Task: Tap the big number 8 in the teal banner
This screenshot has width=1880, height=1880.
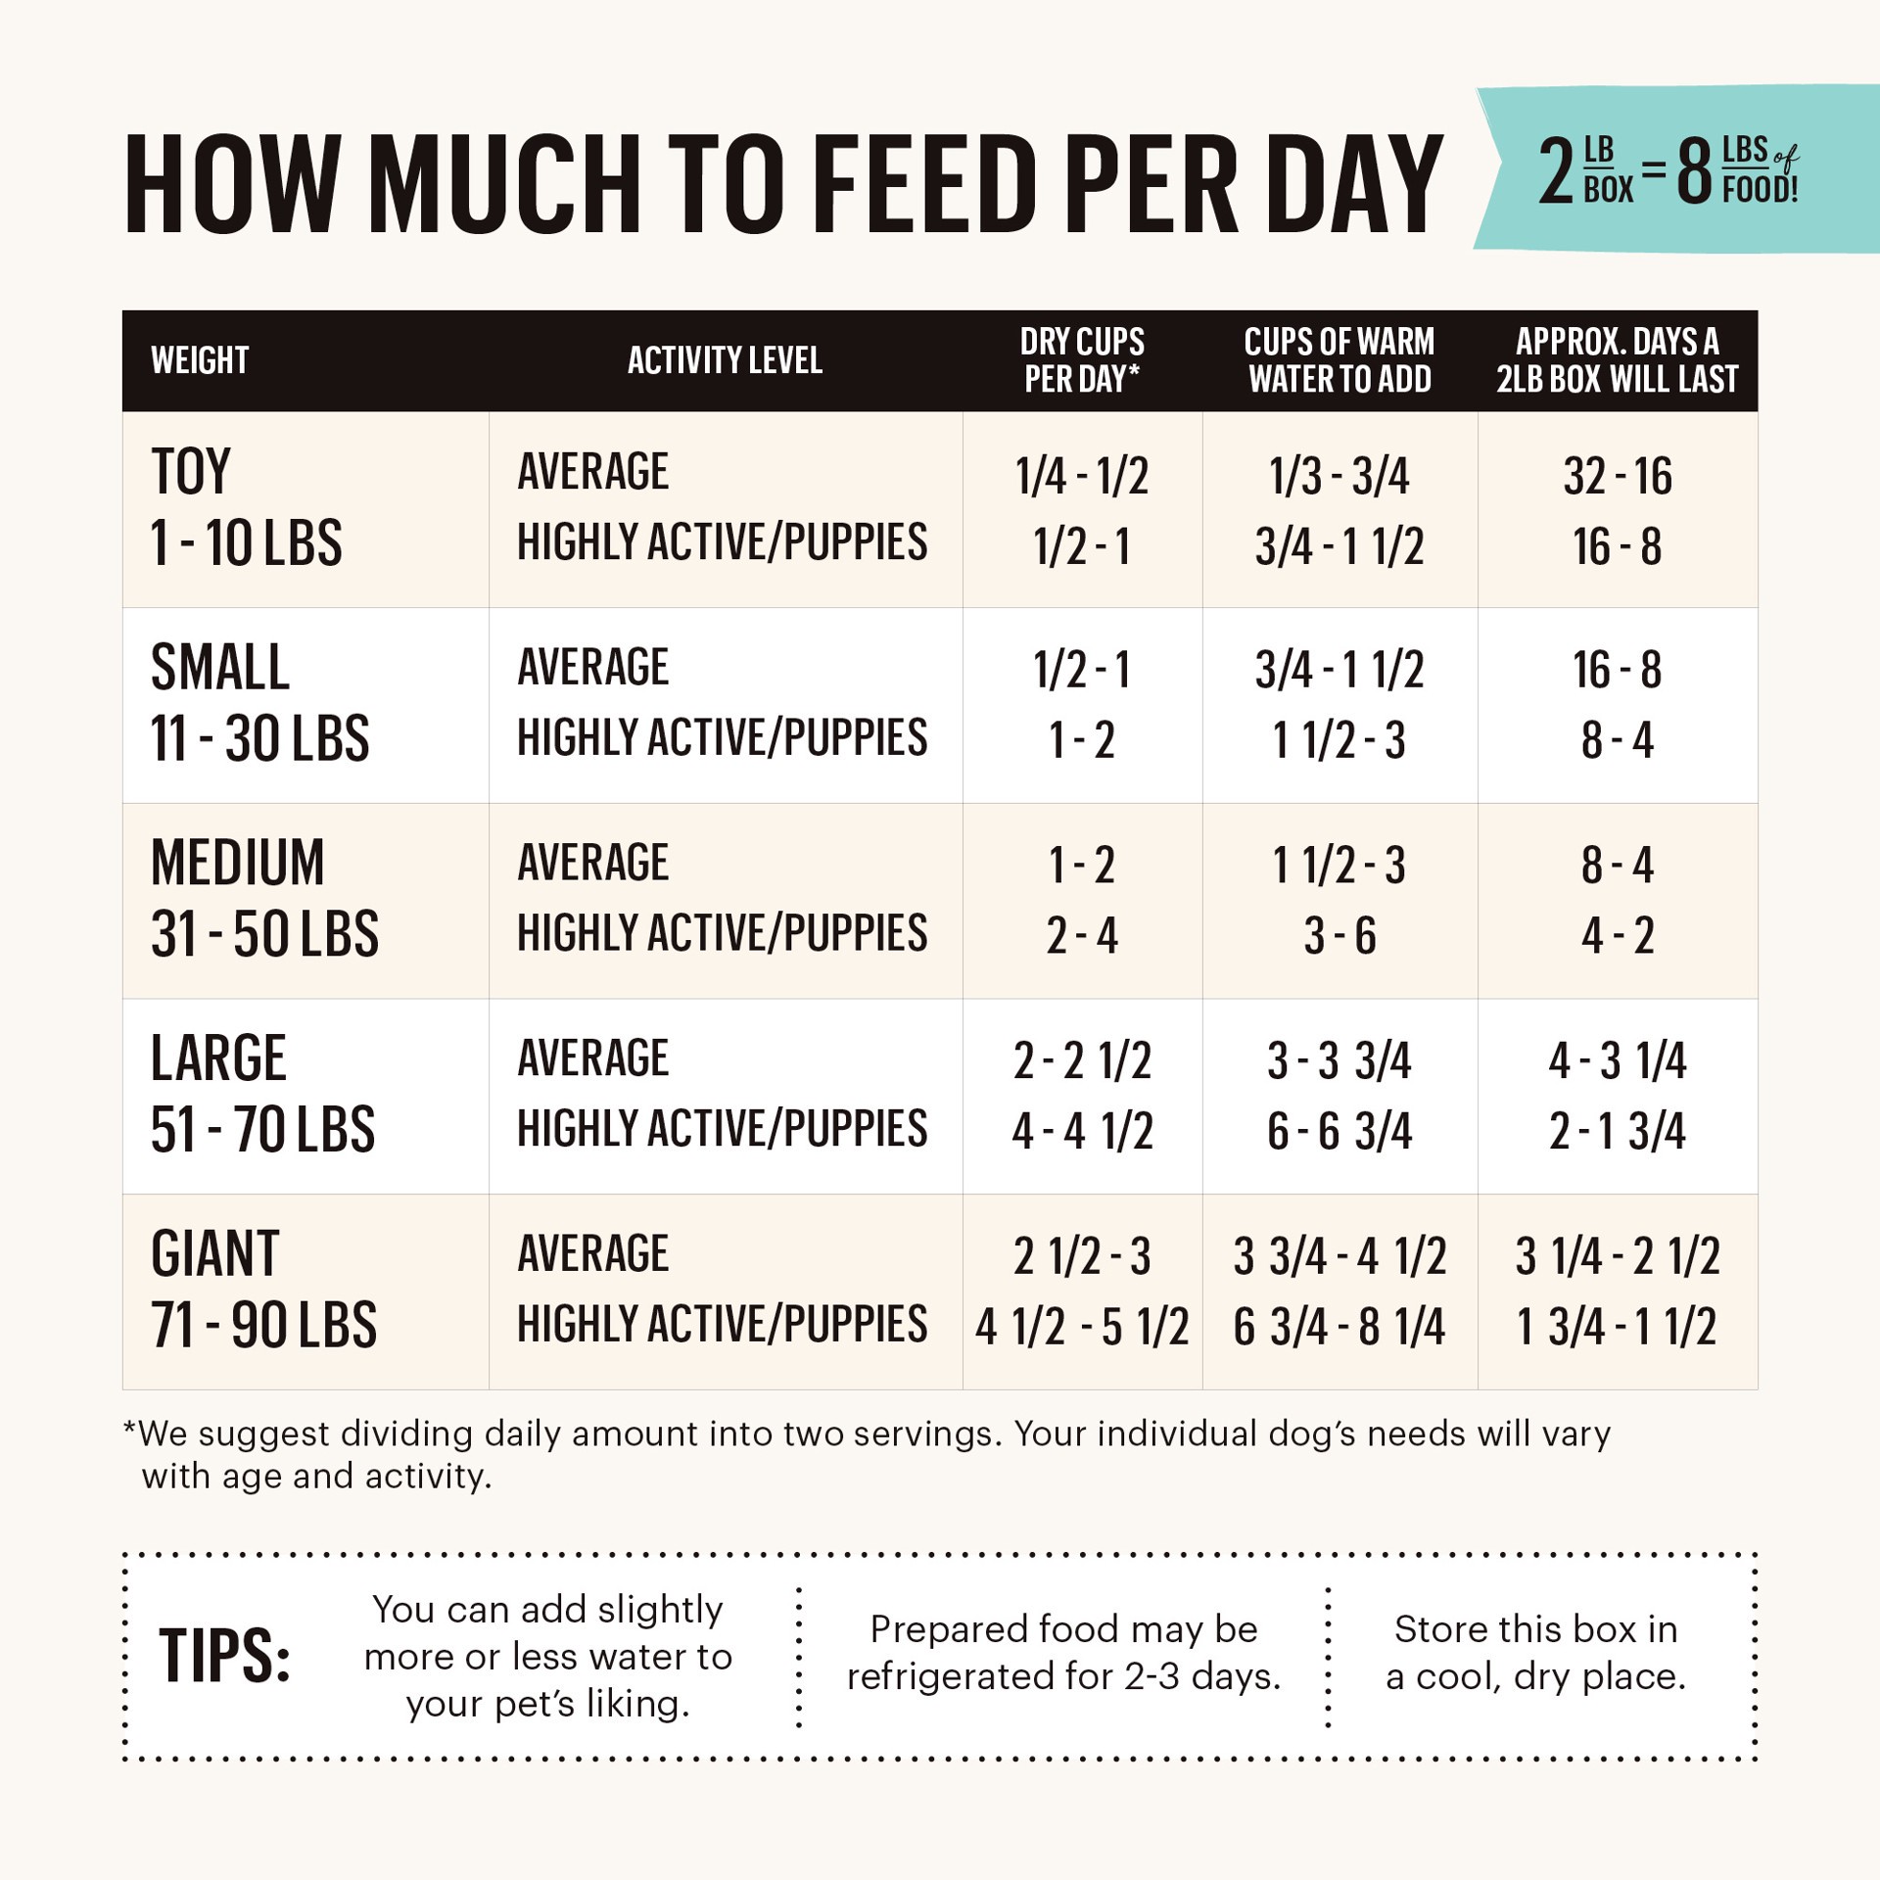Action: coord(1693,171)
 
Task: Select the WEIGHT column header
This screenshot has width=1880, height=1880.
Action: coord(200,360)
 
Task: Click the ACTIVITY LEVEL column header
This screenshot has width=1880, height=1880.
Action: coord(725,360)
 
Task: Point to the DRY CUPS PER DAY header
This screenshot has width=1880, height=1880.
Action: coord(1082,360)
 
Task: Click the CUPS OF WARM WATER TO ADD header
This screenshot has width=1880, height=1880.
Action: coord(1339,360)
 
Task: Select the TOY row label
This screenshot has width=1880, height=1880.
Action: coord(191,472)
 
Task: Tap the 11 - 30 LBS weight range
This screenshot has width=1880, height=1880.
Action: coord(259,738)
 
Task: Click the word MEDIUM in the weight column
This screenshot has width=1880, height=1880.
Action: coord(238,863)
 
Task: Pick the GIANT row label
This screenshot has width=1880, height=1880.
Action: coord(215,1254)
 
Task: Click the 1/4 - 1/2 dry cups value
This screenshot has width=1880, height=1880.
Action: coord(1082,477)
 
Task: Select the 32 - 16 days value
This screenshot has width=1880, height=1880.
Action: coord(1618,477)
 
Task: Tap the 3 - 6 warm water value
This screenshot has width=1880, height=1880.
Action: coord(1339,936)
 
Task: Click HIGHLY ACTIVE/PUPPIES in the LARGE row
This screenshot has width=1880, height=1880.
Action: coord(723,1129)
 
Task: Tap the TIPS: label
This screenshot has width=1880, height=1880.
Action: coord(225,1656)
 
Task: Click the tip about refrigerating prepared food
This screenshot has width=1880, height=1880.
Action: coord(1063,1653)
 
